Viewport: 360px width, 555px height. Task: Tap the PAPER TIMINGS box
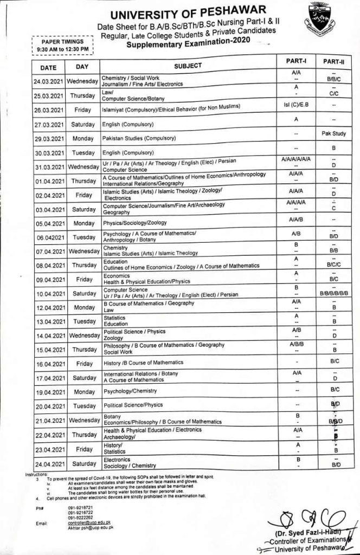point(63,46)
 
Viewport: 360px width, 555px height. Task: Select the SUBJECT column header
point(188,66)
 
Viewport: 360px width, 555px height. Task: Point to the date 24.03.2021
point(49,81)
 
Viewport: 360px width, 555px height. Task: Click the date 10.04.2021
point(49,293)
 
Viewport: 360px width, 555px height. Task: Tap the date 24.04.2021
point(49,464)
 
